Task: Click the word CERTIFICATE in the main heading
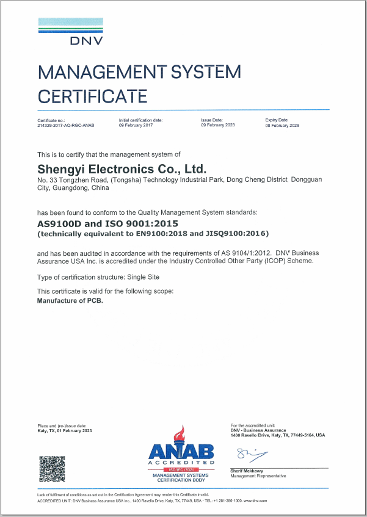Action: (92, 96)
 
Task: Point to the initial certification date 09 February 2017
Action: (136, 125)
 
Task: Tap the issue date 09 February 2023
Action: (217, 125)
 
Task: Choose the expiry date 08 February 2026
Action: (282, 125)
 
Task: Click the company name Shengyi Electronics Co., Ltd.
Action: (122, 168)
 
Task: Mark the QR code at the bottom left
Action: (52, 469)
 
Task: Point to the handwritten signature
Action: (250, 454)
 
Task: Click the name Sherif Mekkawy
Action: (247, 471)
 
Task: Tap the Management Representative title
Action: (258, 475)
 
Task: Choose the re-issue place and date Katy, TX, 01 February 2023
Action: (64, 431)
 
